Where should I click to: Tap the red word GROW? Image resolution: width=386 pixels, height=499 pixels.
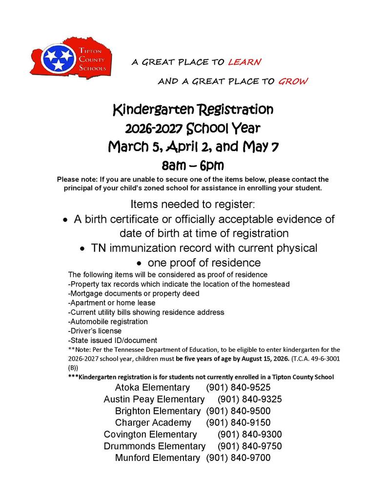tap(293, 81)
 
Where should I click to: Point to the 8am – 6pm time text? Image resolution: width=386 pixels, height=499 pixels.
tap(193, 165)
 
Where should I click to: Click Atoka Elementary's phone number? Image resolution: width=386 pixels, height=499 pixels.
tap(238, 388)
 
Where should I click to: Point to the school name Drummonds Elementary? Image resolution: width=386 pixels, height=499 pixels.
tap(155, 446)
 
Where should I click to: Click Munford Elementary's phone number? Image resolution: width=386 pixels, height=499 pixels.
tap(238, 458)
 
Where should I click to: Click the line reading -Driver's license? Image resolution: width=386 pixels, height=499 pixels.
tap(95, 331)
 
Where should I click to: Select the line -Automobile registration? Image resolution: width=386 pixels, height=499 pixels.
tap(108, 322)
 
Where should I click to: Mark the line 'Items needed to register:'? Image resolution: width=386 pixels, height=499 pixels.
tap(193, 204)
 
